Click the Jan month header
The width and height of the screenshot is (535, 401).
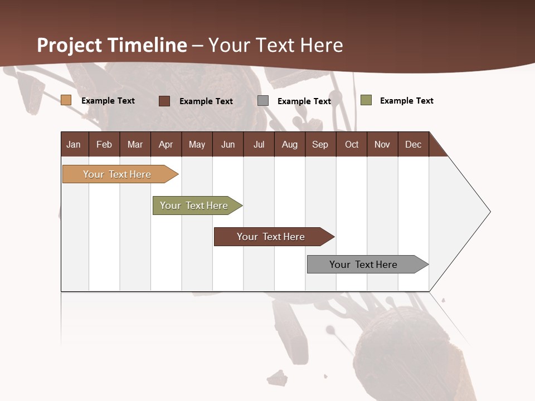[x=74, y=144]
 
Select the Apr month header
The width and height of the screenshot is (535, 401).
[x=166, y=144]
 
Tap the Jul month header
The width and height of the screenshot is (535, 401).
[x=259, y=144]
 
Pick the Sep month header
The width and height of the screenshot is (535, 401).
[x=320, y=144]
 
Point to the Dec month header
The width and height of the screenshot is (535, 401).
[x=413, y=144]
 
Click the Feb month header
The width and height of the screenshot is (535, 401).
[x=104, y=144]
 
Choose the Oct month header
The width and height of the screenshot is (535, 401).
[x=352, y=144]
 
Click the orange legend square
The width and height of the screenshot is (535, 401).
[x=66, y=100]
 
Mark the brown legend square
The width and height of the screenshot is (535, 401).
[x=164, y=101]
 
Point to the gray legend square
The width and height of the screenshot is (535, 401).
[x=263, y=101]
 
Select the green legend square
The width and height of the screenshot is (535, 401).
[x=366, y=100]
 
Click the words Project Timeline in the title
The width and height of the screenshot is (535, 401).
[x=112, y=45]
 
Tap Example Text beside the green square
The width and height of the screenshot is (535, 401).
[x=406, y=101]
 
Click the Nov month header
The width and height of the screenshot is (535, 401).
[x=382, y=144]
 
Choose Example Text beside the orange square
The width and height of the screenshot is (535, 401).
[x=108, y=101]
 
